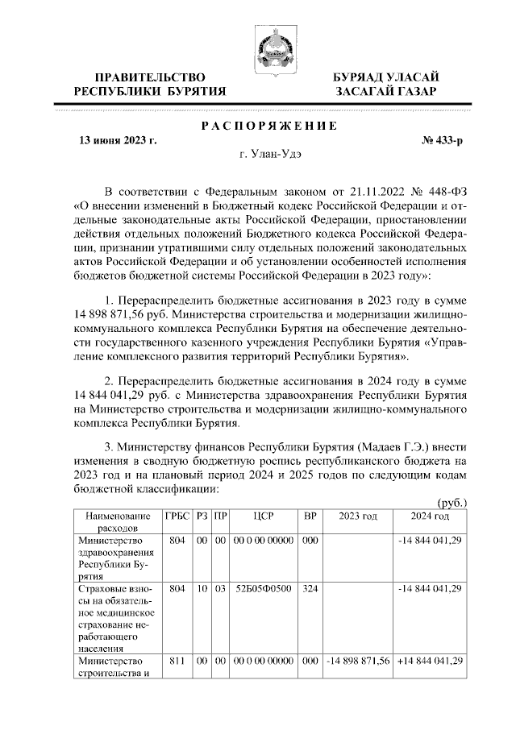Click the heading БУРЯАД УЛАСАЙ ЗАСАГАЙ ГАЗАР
pos(386,84)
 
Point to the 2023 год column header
pos(358,516)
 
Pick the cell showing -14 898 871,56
pos(358,661)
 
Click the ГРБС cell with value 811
pos(177,661)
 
